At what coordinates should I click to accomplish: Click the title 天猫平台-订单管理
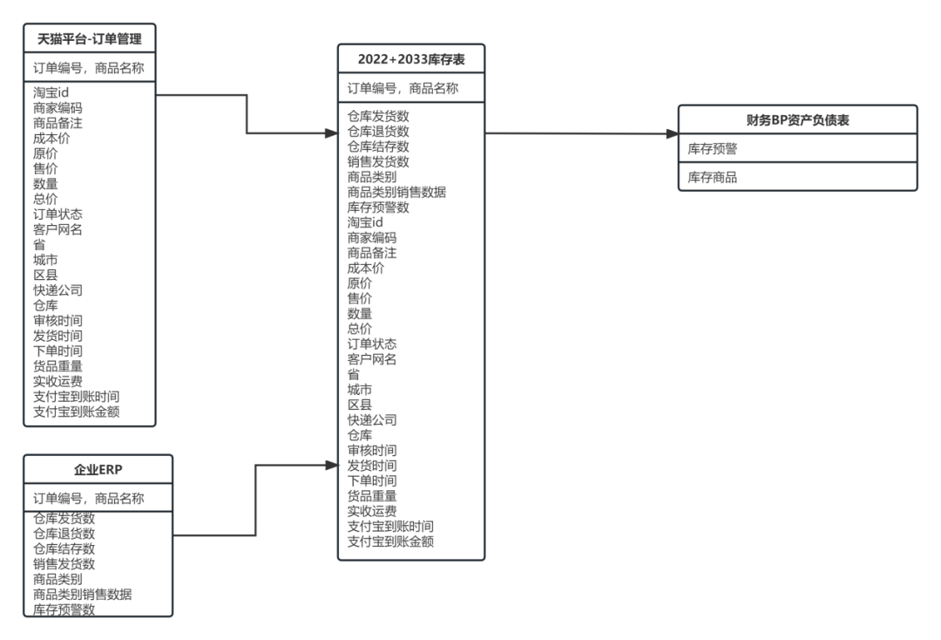coord(90,38)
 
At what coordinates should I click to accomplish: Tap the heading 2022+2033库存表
coord(410,59)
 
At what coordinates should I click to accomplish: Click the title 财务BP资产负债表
coord(797,120)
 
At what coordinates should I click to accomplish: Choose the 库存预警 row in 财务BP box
coord(713,149)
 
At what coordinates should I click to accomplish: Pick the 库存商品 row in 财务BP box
coord(713,177)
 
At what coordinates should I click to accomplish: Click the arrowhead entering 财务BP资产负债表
coord(672,134)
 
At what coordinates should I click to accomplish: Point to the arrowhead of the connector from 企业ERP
coord(332,466)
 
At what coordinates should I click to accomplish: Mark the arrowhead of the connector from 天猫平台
coord(332,134)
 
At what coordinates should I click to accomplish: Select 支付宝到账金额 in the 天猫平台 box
coord(77,411)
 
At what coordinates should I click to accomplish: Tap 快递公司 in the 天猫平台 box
coord(58,289)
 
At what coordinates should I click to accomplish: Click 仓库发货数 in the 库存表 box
coord(378,116)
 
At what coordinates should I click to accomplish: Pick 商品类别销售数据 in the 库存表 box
coord(396,192)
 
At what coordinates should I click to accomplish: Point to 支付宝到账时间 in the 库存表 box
coord(390,526)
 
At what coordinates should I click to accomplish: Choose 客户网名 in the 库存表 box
coord(372,358)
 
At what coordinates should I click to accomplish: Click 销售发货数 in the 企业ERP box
coord(64,564)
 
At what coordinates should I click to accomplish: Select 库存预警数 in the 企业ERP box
coord(64,609)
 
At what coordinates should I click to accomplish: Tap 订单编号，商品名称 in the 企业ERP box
coord(89,499)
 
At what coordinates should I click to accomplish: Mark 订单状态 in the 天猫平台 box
coord(58,214)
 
